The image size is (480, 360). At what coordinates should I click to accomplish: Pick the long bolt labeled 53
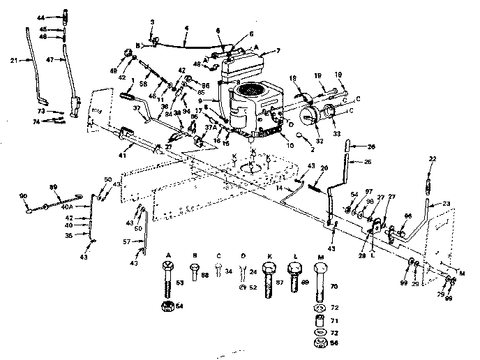tap(167, 285)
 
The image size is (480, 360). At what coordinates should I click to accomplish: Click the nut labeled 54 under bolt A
tap(167, 306)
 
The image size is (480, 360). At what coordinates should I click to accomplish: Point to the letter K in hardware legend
tap(269, 256)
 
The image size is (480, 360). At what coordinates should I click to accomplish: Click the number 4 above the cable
tap(186, 29)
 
